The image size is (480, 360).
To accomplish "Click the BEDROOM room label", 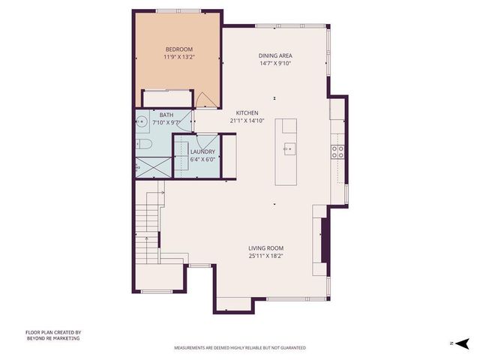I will (x=178, y=49).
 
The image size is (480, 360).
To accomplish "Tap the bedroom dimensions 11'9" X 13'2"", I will (x=178, y=58).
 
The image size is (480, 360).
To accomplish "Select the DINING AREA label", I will (x=275, y=55).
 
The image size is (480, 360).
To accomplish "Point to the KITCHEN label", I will (x=247, y=112).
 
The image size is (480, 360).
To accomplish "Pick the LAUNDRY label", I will (x=202, y=151).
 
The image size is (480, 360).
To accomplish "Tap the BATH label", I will (x=166, y=115).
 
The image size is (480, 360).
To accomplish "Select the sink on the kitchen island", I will (x=289, y=148).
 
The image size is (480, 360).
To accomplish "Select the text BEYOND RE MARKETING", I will (x=52, y=338).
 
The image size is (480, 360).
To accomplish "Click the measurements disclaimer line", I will (x=239, y=348).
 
